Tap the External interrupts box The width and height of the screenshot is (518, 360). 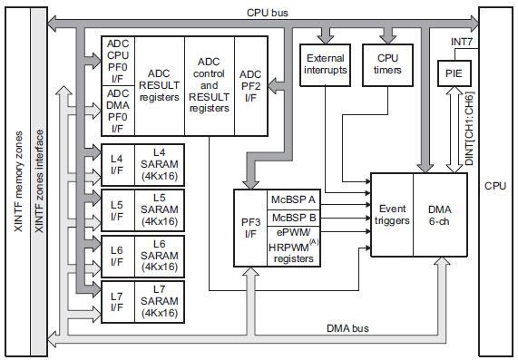tap(325, 63)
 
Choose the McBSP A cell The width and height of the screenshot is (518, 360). tap(293, 199)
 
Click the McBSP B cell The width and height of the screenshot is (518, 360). tap(293, 218)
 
